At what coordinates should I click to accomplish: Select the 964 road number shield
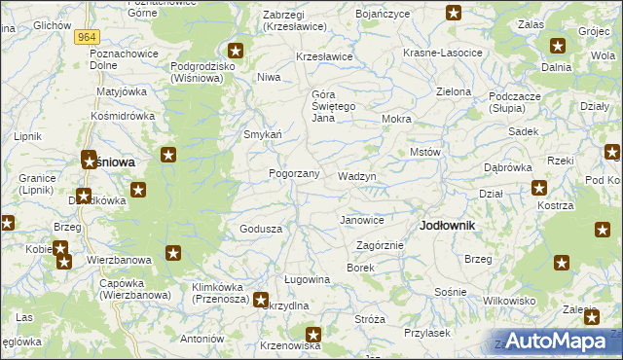coord(84,36)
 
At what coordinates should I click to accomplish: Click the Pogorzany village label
coord(294,173)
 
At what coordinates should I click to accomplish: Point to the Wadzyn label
coord(356,176)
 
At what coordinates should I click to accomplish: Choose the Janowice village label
coord(361,220)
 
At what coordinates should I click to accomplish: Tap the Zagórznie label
coord(380,245)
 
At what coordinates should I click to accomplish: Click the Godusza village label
coord(261,229)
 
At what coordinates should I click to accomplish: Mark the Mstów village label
coord(425,153)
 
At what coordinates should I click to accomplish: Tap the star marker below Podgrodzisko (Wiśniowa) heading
coord(235,50)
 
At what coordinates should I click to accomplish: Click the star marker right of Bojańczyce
coord(454,13)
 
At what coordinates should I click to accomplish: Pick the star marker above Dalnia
coord(557,45)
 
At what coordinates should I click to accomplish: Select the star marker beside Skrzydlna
coord(261,300)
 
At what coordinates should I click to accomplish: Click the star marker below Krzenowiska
coord(312,335)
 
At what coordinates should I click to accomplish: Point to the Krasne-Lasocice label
coord(443,53)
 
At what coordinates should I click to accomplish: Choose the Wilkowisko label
coord(509,301)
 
